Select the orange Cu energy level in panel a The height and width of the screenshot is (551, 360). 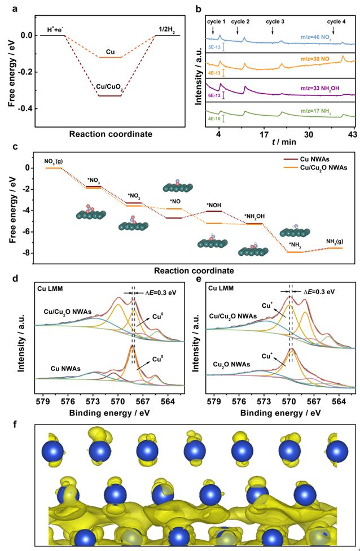coord(110,57)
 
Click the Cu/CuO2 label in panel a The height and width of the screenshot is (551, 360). coord(110,85)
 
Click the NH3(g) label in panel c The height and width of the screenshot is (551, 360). coord(334,242)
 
